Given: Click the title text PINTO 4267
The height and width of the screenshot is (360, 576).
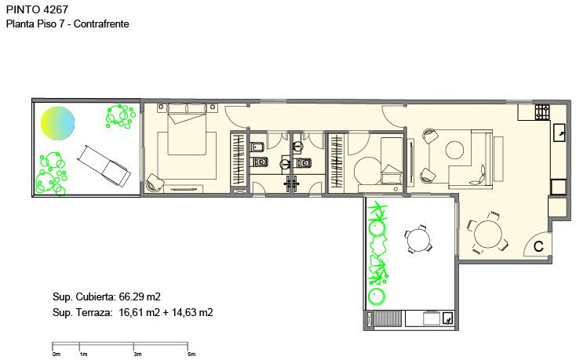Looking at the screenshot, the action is point(37,9).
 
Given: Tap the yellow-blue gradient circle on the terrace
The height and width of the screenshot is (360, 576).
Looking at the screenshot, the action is point(57,123).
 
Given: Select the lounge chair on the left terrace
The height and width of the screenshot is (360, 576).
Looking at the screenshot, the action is point(104,165).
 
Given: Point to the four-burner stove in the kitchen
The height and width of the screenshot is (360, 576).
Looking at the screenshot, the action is point(542,112).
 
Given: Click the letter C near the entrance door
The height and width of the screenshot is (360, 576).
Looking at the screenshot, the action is point(538,246).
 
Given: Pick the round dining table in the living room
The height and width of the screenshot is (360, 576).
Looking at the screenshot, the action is point(488,235).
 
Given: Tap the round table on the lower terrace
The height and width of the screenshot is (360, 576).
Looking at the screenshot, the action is point(417,238).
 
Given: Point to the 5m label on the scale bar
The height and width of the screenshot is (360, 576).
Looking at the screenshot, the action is point(191,355).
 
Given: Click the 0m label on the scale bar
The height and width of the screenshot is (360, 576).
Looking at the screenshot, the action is point(57,355).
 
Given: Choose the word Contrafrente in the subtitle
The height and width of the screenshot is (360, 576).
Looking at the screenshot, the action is point(101,24).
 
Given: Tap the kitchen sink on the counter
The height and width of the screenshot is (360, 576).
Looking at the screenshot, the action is point(559,133).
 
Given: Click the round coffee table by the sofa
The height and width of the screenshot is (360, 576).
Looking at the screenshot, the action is point(454,150).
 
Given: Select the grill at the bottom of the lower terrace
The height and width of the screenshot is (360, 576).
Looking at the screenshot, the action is point(388,318).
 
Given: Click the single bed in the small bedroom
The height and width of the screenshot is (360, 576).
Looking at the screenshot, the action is point(392,160).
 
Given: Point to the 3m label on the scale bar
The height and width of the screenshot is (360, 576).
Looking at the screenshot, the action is point(137,355).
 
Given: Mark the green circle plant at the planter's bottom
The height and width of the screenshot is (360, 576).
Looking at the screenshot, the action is point(377,296).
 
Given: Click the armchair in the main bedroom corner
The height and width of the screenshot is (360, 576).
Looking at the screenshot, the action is point(155,183).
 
